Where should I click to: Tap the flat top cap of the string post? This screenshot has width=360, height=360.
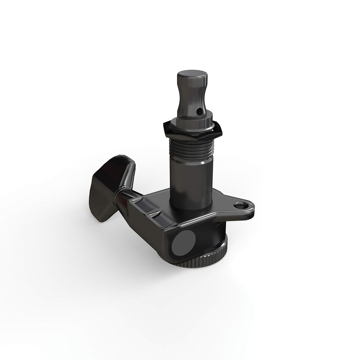tap(192, 75)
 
